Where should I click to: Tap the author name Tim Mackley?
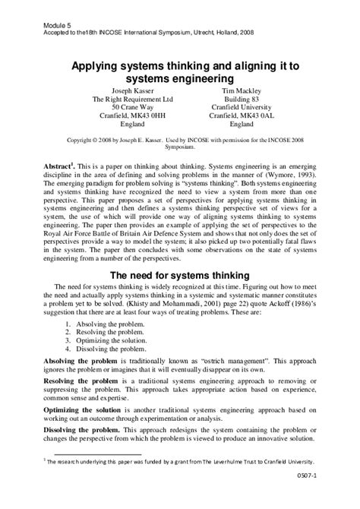click(242, 89)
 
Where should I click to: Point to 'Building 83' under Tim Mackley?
click(242, 98)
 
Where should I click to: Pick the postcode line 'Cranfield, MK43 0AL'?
click(242, 116)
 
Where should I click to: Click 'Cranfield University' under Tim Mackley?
click(242, 107)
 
